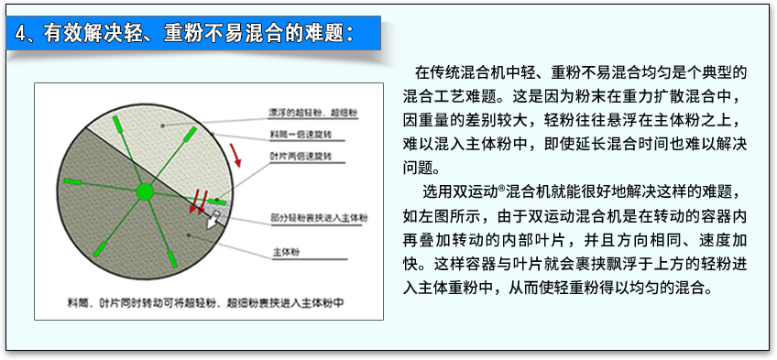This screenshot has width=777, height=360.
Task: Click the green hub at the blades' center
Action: pos(145,191)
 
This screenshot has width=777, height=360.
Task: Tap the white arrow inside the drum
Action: pos(213,219)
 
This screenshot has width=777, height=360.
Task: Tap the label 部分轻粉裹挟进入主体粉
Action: pos(320,217)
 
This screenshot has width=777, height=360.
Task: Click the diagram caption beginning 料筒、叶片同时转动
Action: pos(204,303)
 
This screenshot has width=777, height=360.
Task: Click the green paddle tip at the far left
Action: pos(71,181)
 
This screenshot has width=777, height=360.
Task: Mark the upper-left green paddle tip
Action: pos(117,123)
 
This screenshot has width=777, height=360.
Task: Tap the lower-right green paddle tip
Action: pos(171,258)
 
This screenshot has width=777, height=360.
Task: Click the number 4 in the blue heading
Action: pos(20,34)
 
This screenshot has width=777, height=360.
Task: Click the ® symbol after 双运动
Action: pos(501,188)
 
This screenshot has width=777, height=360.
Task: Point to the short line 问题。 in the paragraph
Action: pos(421,167)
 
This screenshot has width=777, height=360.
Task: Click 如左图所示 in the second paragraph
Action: pos(433,216)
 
